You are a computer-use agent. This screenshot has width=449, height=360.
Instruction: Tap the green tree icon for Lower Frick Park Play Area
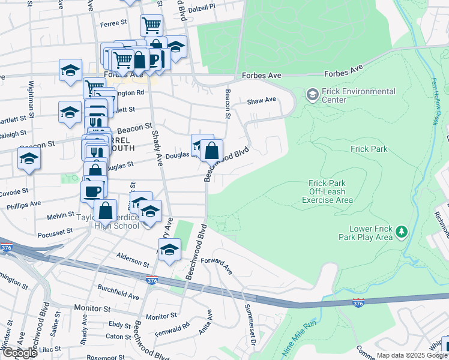point(401,231)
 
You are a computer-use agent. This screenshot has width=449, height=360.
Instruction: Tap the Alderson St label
point(133,259)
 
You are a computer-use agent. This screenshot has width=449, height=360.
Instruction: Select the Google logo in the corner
point(20,352)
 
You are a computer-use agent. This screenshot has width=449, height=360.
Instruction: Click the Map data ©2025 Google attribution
point(412,356)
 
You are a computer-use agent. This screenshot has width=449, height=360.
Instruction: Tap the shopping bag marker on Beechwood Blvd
point(211,150)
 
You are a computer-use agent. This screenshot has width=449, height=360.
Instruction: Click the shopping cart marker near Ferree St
point(151,25)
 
